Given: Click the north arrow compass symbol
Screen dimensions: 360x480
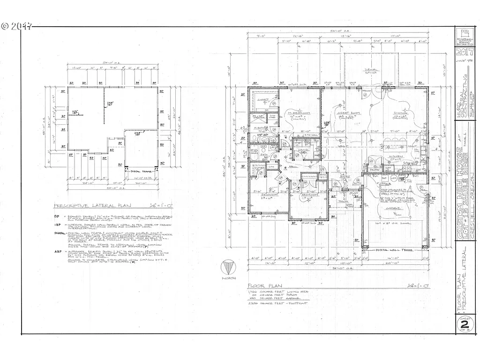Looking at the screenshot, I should pyautogui.click(x=228, y=269).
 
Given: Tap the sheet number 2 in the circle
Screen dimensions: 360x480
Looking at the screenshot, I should pyautogui.click(x=464, y=324).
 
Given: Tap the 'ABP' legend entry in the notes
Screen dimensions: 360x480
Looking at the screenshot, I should pyautogui.click(x=58, y=251).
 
